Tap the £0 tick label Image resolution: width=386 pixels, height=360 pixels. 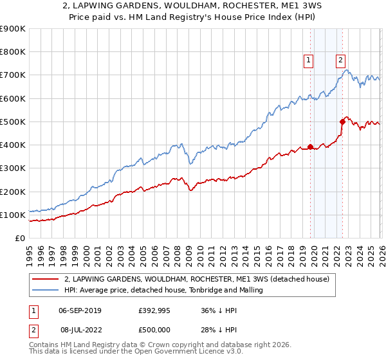21,239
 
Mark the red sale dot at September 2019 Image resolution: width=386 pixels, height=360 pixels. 310,147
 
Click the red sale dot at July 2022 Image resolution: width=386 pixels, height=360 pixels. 342,122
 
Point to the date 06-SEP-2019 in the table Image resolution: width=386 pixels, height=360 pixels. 80,310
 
